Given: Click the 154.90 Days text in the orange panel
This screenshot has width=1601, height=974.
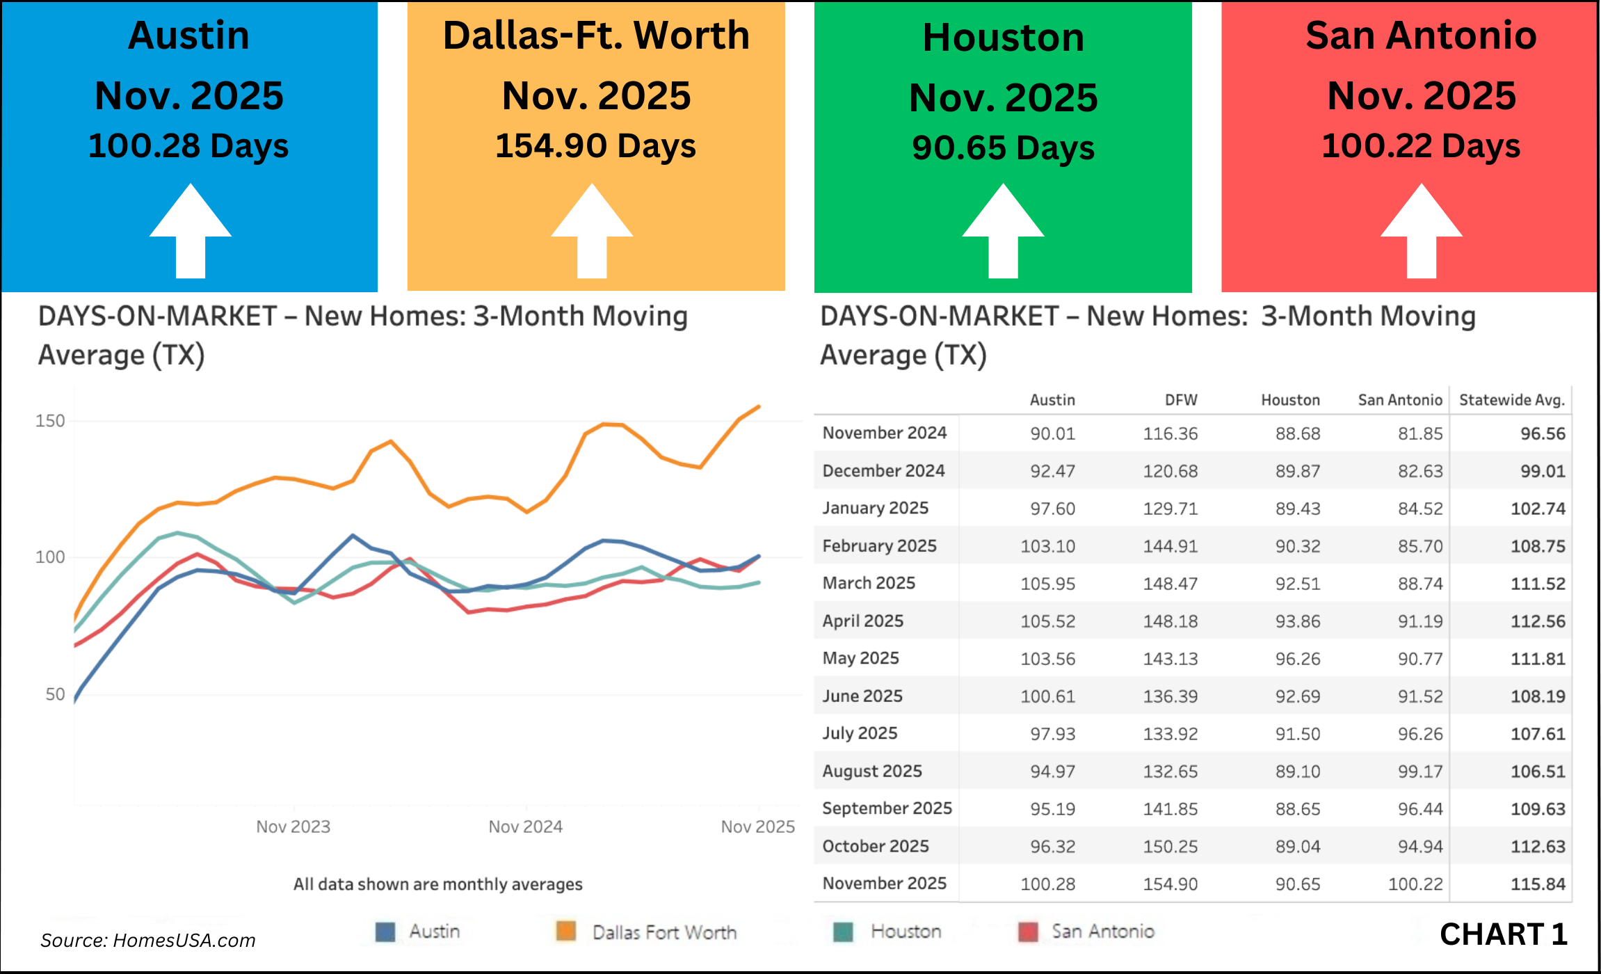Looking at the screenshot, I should (595, 146).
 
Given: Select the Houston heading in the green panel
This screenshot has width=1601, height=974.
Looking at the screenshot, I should (1003, 38).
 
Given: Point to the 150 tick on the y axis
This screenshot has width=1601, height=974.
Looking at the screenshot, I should (50, 421).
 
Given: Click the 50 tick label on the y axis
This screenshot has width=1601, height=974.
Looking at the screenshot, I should (55, 694).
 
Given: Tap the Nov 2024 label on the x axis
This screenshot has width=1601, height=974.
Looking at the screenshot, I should (525, 827).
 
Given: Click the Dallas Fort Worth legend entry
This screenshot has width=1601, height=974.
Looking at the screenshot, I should (664, 932).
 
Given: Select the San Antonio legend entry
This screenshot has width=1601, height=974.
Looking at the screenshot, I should (1102, 932).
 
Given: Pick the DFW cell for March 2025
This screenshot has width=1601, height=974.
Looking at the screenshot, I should (1170, 584).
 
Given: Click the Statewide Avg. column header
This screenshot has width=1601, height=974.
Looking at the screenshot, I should (1511, 400).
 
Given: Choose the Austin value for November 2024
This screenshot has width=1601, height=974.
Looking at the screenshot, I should (1052, 433).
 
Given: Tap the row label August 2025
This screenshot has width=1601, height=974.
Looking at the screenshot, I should (872, 771).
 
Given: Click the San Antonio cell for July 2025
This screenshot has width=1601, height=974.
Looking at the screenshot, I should (1420, 734).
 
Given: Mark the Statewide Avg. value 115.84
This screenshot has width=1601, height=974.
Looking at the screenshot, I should (1538, 884).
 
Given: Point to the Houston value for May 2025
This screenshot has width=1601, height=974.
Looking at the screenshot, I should (1297, 659).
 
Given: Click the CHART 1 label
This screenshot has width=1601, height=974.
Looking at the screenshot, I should (1503, 934).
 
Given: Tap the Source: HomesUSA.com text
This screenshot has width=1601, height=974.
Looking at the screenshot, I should (148, 941).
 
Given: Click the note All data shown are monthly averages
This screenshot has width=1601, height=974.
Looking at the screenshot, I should (437, 884).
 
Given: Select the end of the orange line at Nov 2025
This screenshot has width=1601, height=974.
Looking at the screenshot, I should (759, 406).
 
